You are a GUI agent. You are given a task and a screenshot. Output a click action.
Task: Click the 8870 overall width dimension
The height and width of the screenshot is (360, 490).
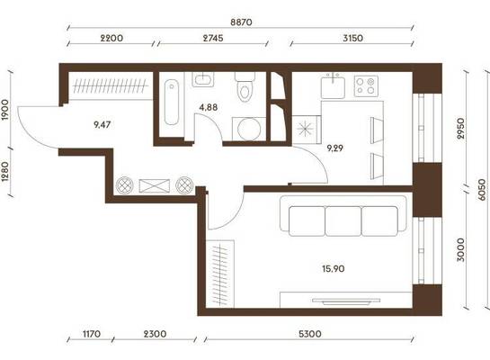coord(241,22)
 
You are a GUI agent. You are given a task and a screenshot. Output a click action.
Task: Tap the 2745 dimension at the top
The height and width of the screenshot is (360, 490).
coord(213,38)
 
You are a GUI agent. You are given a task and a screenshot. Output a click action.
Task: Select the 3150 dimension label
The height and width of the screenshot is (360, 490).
coord(352,38)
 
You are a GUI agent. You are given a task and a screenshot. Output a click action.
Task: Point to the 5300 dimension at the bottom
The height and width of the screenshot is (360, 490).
coord(309,334)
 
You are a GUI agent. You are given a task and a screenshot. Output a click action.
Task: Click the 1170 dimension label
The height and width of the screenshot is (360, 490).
coord(92,334)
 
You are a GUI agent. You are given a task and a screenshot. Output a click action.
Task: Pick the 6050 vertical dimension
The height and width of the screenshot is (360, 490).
coord(482,190)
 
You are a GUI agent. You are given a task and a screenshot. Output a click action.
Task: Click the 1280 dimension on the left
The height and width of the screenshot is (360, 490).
coord(4,172)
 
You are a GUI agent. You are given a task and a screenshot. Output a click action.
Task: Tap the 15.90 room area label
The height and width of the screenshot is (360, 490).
coord(334,269)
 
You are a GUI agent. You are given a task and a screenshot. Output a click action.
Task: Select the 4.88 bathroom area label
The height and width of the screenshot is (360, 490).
coord(209,108)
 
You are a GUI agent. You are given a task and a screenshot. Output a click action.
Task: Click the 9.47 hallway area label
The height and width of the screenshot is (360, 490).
coord(102,125)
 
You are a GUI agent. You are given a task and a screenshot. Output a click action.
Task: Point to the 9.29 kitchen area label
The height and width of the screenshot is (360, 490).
coord(334,148)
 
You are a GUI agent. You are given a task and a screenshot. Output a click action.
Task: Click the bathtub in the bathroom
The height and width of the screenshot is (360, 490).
coord(172,102)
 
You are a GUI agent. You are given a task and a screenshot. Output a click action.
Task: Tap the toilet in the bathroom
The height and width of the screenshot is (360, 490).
coord(245,87)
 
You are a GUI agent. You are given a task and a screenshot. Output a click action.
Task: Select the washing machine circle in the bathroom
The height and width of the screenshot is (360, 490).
coord(249,130)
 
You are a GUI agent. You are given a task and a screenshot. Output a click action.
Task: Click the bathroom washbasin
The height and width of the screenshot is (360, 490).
coord(203,80)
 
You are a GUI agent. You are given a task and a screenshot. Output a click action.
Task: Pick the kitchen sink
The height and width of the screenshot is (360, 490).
coord(334,86)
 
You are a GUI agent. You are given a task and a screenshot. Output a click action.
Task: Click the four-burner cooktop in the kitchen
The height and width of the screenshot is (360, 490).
coord(366,86)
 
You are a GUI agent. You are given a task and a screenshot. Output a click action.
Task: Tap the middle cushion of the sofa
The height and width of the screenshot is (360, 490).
coord(343,221)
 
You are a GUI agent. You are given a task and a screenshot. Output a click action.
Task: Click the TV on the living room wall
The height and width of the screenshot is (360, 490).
coord(346,301)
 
